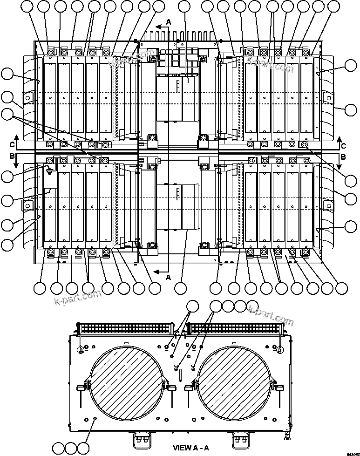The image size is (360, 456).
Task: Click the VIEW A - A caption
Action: pyautogui.click(x=191, y=448)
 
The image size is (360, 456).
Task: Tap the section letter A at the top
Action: pyautogui.click(x=169, y=21)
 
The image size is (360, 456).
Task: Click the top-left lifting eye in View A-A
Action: pyautogui.click(x=81, y=349)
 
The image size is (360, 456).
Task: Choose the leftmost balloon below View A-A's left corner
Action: pyautogui.click(x=59, y=448)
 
